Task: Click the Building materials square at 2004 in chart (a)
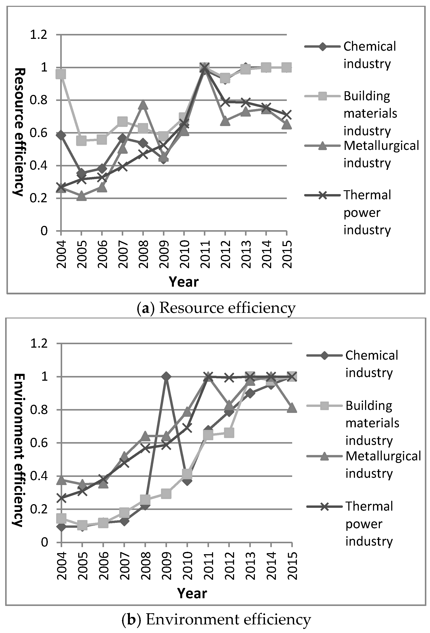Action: tap(61, 74)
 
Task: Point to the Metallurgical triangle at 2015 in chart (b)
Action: tap(292, 408)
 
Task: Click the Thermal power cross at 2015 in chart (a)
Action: tap(286, 114)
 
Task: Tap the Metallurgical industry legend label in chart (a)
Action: tap(381, 154)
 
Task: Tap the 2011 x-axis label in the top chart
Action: tap(205, 254)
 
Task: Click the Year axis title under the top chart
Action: tap(184, 282)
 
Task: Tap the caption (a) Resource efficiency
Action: tap(216, 308)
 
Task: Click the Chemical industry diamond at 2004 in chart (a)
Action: tap(61, 135)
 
